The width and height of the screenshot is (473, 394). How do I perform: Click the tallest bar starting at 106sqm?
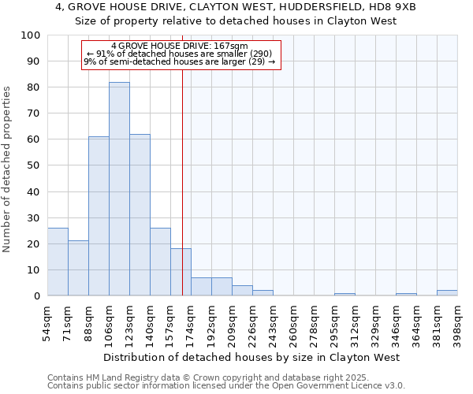click(x=119, y=189)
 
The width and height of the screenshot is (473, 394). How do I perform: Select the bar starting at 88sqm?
click(x=99, y=216)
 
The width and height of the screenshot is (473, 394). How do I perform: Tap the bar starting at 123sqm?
click(x=140, y=215)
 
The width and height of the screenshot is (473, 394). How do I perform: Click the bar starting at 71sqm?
click(x=78, y=268)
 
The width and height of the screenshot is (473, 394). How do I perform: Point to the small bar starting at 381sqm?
click(x=447, y=293)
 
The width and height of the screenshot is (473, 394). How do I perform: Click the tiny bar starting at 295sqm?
click(x=345, y=295)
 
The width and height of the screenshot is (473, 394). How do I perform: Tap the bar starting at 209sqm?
click(x=242, y=291)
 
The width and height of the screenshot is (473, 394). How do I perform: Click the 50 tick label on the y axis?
click(x=34, y=165)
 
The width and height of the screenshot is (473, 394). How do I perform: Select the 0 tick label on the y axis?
click(x=37, y=296)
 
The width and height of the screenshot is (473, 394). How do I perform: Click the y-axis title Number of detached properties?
click(x=7, y=169)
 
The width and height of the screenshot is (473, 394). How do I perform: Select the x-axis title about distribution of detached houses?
click(x=251, y=357)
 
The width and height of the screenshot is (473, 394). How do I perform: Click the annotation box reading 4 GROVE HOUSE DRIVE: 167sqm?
click(x=181, y=55)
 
